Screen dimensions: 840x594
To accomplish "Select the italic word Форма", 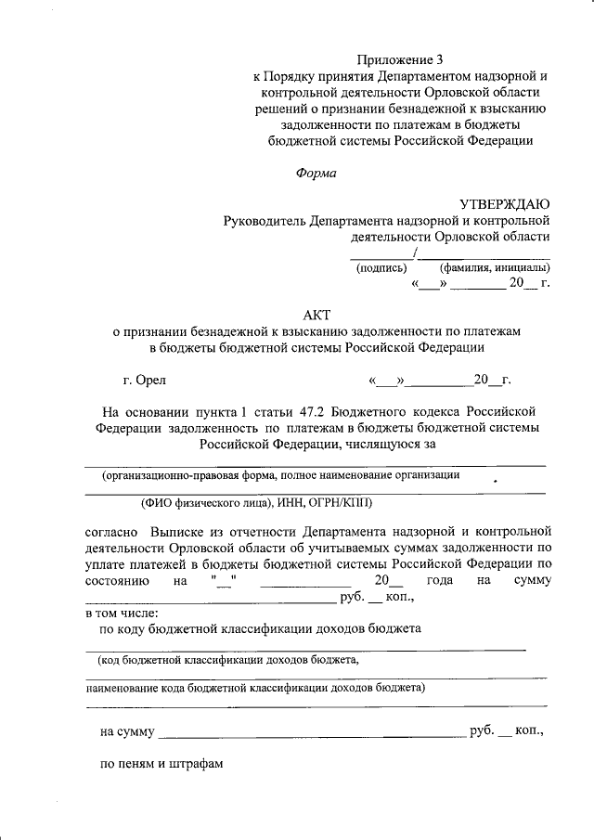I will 316,173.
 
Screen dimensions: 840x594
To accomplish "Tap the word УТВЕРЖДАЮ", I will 505,204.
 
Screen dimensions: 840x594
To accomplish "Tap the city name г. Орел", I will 144,380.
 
